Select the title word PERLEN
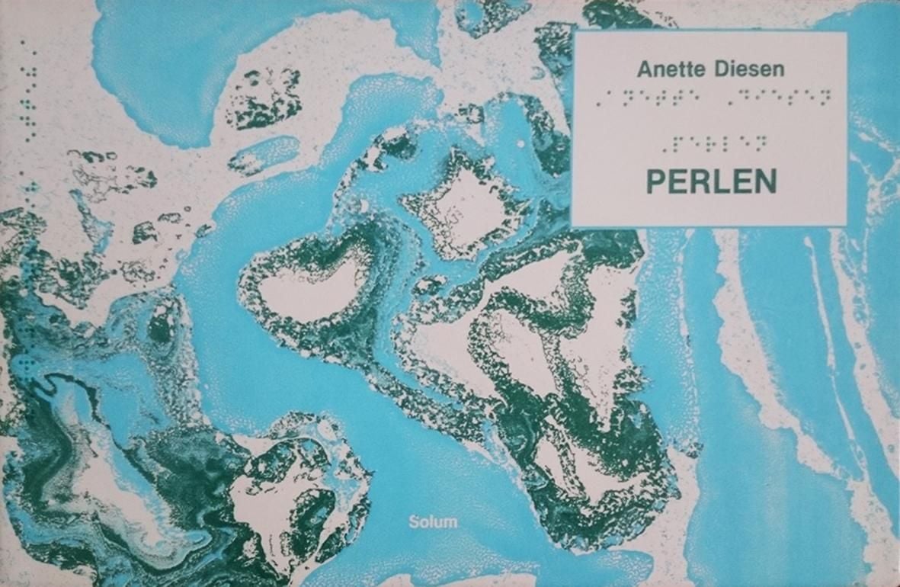coord(711,181)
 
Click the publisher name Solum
coord(433,522)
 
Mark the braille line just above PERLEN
coord(713,143)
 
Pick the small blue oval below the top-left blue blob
coord(264,156)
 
